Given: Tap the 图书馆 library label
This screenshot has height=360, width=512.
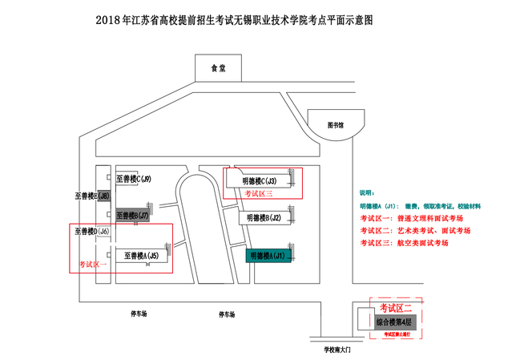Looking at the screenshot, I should tap(336, 125).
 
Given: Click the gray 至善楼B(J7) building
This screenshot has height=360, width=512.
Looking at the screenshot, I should tap(133, 216).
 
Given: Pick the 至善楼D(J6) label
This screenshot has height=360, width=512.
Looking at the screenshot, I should tap(91, 233).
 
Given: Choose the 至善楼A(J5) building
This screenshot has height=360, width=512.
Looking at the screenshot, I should tap(141, 256).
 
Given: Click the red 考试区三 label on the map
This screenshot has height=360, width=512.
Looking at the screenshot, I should tap(258, 193).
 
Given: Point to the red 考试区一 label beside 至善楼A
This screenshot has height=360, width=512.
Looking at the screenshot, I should tap(92, 264).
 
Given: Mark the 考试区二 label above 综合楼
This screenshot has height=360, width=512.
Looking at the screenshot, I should tap(395, 308).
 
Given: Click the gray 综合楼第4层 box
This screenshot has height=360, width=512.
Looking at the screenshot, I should tap(396, 322).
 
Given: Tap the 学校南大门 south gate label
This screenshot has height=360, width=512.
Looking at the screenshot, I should tap(338, 350).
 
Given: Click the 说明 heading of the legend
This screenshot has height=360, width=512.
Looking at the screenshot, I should tap(366, 193).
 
